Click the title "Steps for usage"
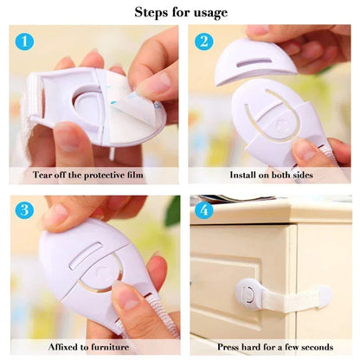pyautogui.click(x=181, y=12)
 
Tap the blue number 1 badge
pyautogui.click(x=26, y=41)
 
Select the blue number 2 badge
pyautogui.click(x=203, y=41)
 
